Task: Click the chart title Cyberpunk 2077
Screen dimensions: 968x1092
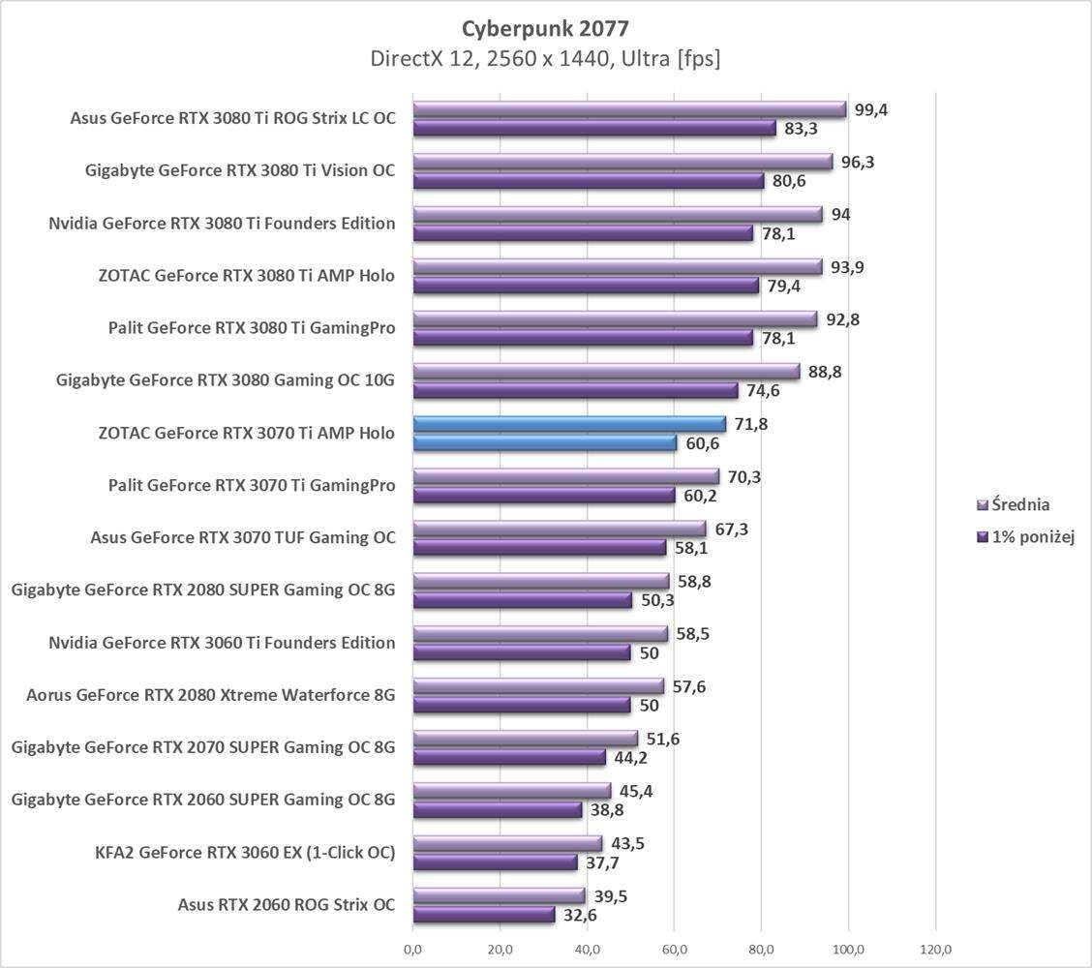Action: tap(545, 27)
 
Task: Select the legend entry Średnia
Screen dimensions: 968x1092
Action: tap(1014, 504)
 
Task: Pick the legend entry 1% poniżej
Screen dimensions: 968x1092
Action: tap(1025, 537)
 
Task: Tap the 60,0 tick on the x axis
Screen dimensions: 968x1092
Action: tap(674, 949)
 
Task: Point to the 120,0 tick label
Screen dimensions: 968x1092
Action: tap(935, 949)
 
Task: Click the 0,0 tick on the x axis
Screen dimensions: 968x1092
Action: tap(412, 949)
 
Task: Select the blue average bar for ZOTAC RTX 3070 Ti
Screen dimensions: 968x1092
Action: tap(569, 424)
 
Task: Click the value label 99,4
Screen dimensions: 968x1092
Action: tap(871, 109)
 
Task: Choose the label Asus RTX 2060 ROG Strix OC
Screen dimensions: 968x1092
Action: tap(287, 905)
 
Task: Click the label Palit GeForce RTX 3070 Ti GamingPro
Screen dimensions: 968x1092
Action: tap(252, 486)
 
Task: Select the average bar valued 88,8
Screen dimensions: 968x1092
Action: tap(606, 372)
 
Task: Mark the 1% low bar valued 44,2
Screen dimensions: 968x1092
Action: tap(509, 757)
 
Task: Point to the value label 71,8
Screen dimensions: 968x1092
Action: tap(750, 424)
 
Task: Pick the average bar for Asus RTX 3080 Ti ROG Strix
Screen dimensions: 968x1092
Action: tap(629, 109)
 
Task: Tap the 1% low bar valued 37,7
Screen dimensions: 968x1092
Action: tap(495, 862)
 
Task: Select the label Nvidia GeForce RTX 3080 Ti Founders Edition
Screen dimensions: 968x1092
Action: tap(222, 224)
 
